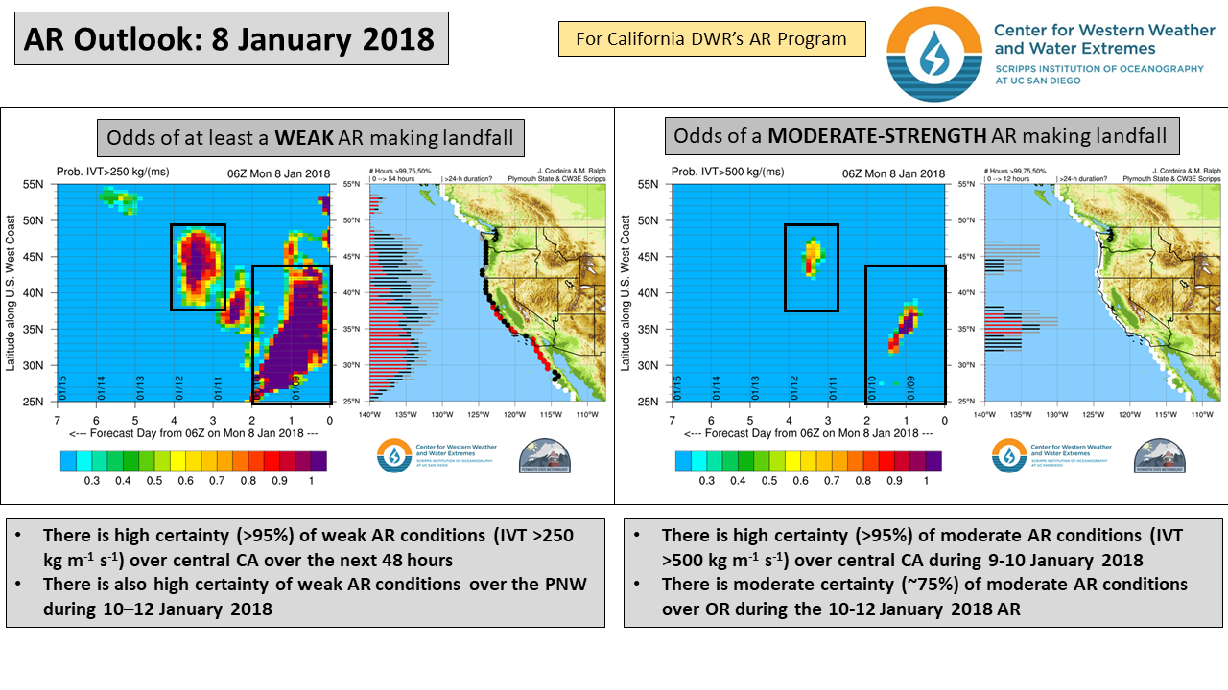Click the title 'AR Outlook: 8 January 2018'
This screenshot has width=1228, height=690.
(x=229, y=38)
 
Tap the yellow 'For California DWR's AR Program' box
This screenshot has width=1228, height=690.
(x=712, y=39)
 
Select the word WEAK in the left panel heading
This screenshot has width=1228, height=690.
(x=305, y=137)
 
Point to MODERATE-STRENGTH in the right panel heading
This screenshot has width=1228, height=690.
(x=877, y=135)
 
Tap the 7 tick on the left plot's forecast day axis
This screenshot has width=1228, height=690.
(x=58, y=420)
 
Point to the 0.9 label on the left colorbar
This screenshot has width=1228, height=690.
(x=278, y=480)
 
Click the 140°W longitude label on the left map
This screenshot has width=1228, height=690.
(x=369, y=414)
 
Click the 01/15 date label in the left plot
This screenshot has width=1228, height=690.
(x=62, y=387)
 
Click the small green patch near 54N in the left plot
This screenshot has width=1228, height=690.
(x=119, y=197)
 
